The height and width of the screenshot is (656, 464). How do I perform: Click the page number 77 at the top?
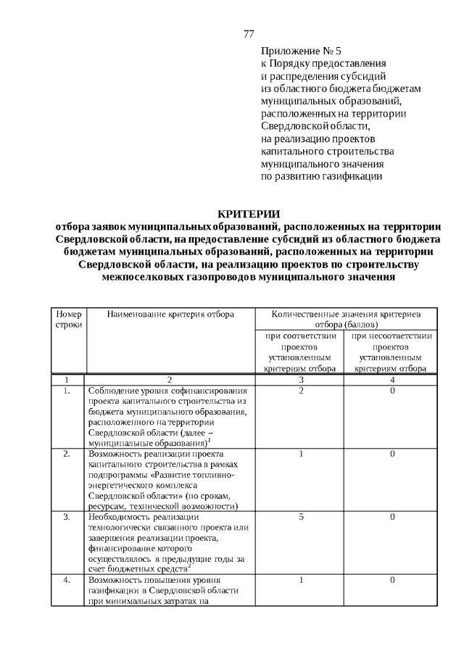pos(249,34)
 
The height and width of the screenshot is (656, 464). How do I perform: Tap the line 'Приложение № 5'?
pos(300,51)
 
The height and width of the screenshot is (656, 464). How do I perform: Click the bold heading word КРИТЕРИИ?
pos(249,213)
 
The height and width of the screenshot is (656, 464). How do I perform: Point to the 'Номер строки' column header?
pos(68,320)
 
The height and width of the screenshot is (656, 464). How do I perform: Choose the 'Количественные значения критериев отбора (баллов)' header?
pos(346,319)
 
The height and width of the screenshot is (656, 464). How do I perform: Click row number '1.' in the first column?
pos(66,391)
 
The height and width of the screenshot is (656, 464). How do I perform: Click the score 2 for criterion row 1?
pos(300,391)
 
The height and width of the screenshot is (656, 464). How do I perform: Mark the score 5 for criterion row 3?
pos(300,517)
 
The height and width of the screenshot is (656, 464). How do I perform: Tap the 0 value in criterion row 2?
pos(391,454)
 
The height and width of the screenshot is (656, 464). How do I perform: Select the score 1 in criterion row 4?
pos(300,580)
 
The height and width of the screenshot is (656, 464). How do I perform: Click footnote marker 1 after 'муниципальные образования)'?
pos(209,439)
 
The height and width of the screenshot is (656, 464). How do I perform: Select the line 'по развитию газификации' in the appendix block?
pos(320,175)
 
